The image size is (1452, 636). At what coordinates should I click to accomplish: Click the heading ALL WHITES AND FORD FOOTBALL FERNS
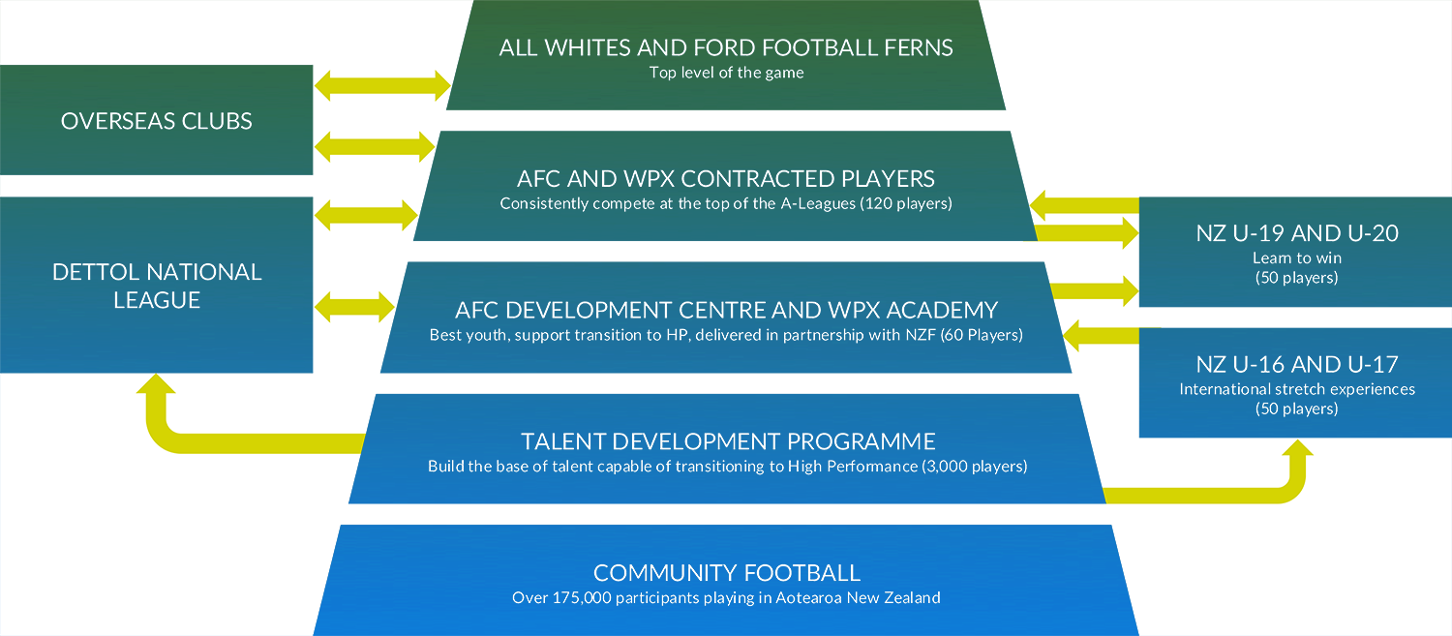(x=726, y=48)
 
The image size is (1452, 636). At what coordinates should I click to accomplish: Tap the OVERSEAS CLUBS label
(x=156, y=121)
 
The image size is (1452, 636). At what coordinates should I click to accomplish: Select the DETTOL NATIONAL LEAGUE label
(x=156, y=286)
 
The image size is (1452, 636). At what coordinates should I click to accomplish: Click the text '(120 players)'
(x=906, y=203)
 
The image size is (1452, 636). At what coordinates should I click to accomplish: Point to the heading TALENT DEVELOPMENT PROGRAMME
(x=728, y=441)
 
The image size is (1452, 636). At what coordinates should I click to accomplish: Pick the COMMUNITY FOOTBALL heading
(x=727, y=573)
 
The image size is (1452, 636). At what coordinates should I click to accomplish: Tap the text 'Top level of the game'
(x=726, y=73)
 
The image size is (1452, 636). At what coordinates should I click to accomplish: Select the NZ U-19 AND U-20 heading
(x=1297, y=233)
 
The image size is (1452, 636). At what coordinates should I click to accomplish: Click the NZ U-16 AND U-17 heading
(x=1297, y=364)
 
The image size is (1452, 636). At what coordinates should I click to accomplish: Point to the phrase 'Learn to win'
(x=1297, y=258)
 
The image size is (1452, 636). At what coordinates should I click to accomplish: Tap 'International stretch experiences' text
(x=1297, y=389)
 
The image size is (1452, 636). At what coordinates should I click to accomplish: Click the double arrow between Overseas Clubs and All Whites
(x=382, y=85)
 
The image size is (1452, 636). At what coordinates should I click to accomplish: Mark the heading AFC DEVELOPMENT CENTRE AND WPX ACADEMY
(x=726, y=311)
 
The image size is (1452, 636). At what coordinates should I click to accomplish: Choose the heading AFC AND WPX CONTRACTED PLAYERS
(x=726, y=179)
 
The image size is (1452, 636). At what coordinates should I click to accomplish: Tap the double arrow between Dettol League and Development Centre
(x=354, y=307)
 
